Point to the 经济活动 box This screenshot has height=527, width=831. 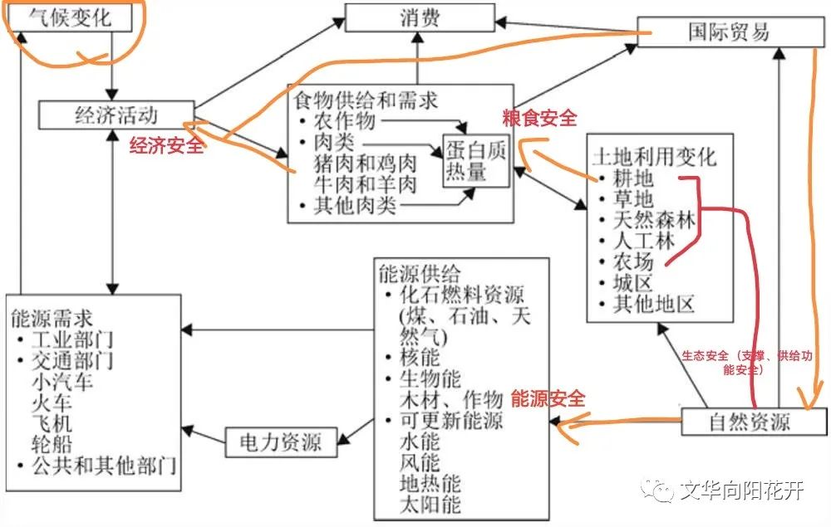click(x=116, y=115)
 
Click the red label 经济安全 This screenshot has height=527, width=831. click(x=165, y=147)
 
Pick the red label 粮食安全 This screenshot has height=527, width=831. click(x=538, y=118)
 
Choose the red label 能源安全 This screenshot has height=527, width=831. click(x=548, y=399)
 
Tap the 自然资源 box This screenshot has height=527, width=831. click(x=749, y=422)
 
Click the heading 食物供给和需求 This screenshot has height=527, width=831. click(x=365, y=100)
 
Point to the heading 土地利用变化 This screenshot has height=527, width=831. click(x=653, y=157)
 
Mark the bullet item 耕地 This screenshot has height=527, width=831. click(x=633, y=178)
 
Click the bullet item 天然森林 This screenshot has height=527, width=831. click(x=653, y=221)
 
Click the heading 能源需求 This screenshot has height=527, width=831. click(x=52, y=318)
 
